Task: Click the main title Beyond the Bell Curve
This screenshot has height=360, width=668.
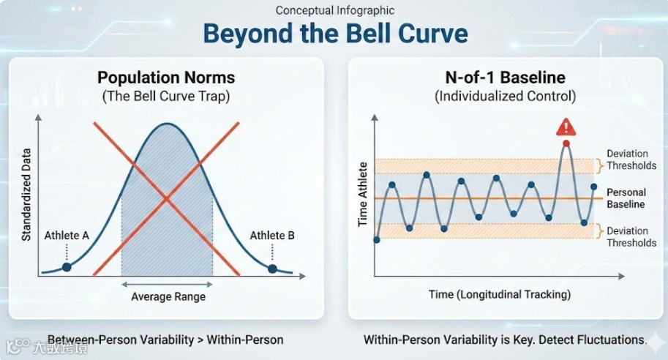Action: (x=335, y=34)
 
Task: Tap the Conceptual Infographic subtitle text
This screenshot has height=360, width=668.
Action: (x=335, y=10)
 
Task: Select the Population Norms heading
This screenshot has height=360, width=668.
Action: (x=166, y=78)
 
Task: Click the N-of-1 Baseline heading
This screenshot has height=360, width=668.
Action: (x=506, y=78)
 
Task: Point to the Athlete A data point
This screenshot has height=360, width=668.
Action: (x=67, y=267)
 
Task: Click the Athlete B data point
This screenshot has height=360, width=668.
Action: (x=272, y=269)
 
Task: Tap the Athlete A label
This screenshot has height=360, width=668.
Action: (x=67, y=235)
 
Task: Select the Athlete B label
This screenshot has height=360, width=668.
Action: (x=271, y=235)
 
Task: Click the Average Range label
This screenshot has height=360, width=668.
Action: (x=168, y=296)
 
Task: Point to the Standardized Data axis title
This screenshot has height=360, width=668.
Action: (x=26, y=195)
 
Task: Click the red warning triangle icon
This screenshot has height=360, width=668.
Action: (x=566, y=127)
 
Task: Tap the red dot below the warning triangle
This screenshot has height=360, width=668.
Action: (x=566, y=143)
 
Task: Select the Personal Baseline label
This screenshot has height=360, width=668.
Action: (x=626, y=198)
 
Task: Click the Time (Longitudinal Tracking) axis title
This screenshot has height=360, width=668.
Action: (x=500, y=294)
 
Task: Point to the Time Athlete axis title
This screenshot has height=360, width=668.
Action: (x=363, y=195)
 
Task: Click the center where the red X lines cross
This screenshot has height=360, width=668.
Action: (x=166, y=198)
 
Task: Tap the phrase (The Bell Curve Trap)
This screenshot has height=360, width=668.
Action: (x=166, y=97)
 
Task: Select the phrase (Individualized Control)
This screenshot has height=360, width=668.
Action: (x=506, y=97)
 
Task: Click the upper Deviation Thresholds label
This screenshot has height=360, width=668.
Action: (x=631, y=160)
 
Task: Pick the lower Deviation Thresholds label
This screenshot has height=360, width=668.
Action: (x=631, y=237)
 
